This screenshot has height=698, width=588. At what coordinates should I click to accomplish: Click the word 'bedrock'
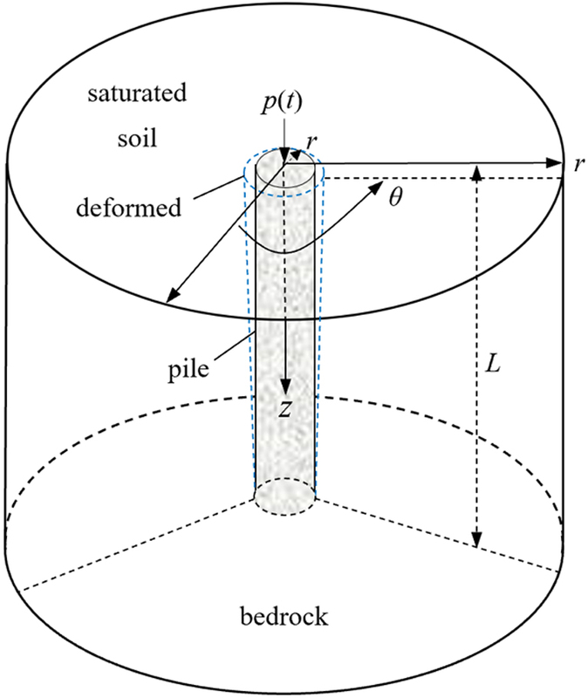tap(285, 617)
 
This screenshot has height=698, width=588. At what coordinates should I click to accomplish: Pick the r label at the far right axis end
tap(578, 164)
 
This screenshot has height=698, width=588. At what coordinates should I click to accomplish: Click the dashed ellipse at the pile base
tap(284, 493)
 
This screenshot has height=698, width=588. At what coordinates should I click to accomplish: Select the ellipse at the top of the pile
tap(284, 173)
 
